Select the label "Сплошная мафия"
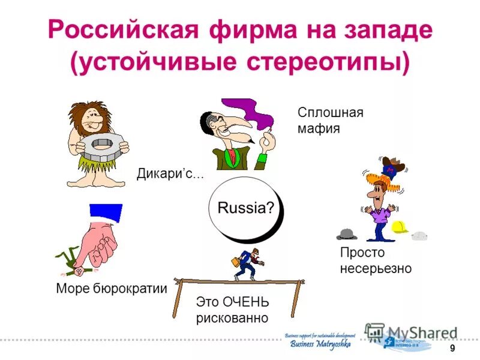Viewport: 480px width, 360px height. pos(330,121)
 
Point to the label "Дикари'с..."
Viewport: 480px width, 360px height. pos(170,175)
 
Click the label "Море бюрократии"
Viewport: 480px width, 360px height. pos(111,288)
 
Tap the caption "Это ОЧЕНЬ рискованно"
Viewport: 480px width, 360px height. pos(232,310)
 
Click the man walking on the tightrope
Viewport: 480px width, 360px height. pos(246,264)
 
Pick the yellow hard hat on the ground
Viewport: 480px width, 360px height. pos(400,227)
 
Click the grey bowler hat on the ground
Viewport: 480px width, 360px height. pos(346,233)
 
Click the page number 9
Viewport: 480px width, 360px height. pos(452,349)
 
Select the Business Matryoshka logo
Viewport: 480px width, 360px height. pos(318,341)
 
